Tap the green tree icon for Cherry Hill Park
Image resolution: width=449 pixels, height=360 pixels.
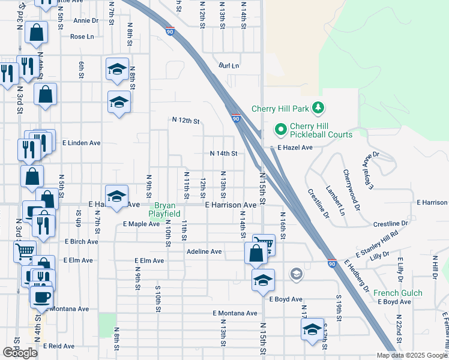tap(319, 108)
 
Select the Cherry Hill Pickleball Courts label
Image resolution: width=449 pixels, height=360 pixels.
tap(321, 130)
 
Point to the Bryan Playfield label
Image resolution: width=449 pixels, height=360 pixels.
tap(162, 209)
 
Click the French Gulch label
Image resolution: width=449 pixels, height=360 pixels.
tap(398, 293)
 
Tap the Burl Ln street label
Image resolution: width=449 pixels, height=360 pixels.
tap(229, 65)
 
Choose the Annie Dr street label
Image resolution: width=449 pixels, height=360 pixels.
tap(86, 20)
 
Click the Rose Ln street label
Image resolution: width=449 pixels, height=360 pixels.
tap(82, 37)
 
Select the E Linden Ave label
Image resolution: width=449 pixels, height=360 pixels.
tap(82, 143)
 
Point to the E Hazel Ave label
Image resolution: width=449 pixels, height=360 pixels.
tap(295, 147)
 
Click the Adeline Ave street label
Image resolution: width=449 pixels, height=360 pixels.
tap(204, 251)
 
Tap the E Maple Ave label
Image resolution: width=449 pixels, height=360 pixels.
tap(141, 224)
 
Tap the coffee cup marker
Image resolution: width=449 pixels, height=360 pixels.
tap(41, 296)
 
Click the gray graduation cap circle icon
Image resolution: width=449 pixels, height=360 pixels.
tap(295, 274)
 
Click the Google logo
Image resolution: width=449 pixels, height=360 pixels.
tap(20, 353)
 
